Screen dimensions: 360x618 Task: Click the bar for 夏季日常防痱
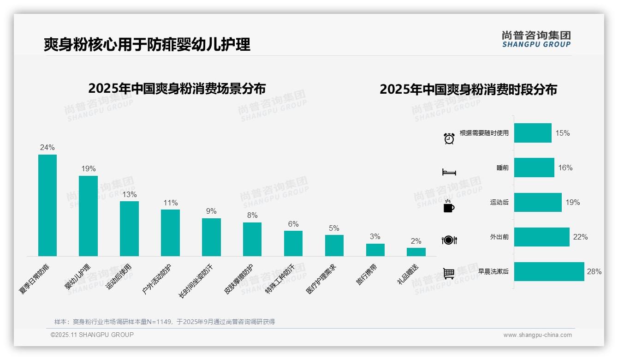click(47, 205)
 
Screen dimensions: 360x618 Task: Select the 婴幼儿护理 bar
click(88, 216)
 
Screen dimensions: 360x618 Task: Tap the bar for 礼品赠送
click(416, 252)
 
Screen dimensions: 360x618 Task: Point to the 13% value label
click(129, 194)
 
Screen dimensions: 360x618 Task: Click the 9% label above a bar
click(211, 211)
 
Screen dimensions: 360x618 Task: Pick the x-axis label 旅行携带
click(367, 275)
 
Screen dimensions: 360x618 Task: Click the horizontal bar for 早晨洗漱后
click(549, 271)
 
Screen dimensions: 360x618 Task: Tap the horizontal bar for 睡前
click(534, 168)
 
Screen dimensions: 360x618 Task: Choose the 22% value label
click(580, 237)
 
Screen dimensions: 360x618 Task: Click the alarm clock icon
click(449, 138)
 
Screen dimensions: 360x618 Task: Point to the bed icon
click(449, 172)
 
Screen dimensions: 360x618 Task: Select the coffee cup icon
click(449, 207)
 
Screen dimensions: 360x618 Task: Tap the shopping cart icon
click(449, 274)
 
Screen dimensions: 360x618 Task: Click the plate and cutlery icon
click(449, 240)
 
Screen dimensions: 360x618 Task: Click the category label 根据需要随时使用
click(484, 133)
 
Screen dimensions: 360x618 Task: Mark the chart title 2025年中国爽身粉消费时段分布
click(468, 89)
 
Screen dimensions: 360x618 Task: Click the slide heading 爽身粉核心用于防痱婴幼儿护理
click(147, 44)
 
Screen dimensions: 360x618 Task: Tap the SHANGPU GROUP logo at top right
click(536, 39)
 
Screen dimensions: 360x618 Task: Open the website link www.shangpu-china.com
click(537, 335)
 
